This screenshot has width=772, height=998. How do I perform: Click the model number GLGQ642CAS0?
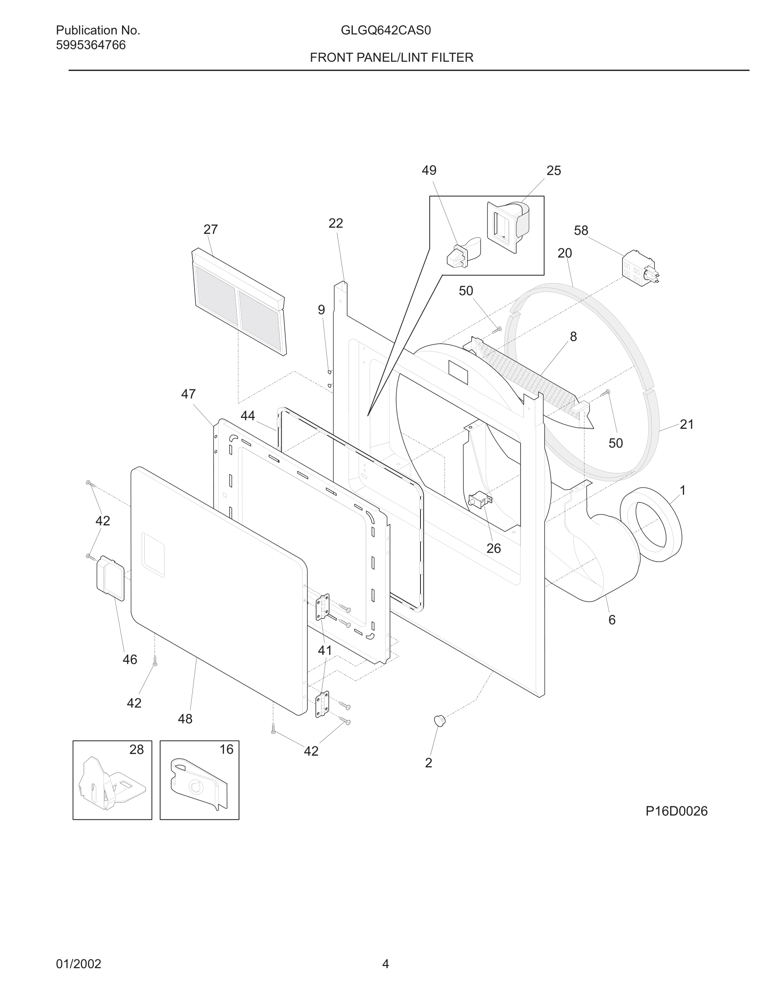pyautogui.click(x=386, y=31)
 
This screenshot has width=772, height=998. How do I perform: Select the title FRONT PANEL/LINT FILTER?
pyautogui.click(x=391, y=58)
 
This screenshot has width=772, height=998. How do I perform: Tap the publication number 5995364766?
pyautogui.click(x=90, y=45)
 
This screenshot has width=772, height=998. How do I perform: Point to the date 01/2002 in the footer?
pyautogui.click(x=78, y=964)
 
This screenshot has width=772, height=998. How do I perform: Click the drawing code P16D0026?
pyautogui.click(x=677, y=811)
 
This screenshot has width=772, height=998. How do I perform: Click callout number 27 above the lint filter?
pyautogui.click(x=210, y=229)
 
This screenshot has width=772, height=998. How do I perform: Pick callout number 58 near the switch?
pyautogui.click(x=581, y=230)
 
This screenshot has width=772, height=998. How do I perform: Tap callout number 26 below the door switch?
pyautogui.click(x=494, y=548)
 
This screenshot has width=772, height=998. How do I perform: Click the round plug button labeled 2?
pyautogui.click(x=439, y=721)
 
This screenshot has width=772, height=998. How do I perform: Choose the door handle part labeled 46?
pyautogui.click(x=110, y=578)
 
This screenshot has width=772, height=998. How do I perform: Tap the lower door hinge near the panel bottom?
pyautogui.click(x=322, y=704)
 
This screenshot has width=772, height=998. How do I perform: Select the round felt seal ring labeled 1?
pyautogui.click(x=651, y=525)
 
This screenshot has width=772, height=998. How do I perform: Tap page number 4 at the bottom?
pyautogui.click(x=386, y=964)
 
